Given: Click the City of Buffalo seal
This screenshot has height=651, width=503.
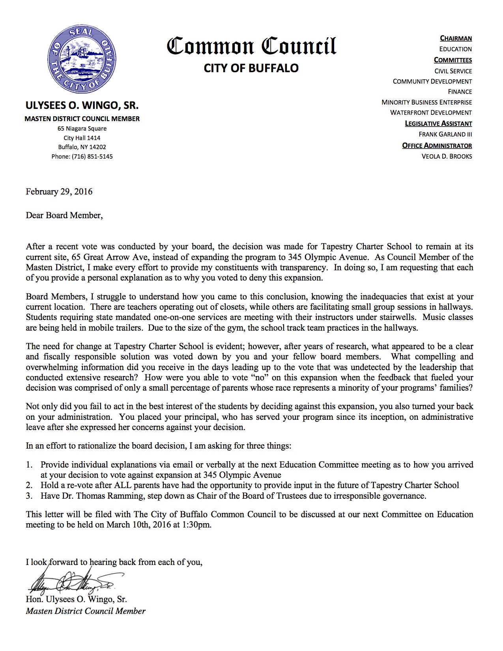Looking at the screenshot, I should [x=82, y=59].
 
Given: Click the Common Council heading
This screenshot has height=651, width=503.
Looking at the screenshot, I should [x=251, y=46].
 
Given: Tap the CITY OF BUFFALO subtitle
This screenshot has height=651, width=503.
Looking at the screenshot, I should [x=251, y=68].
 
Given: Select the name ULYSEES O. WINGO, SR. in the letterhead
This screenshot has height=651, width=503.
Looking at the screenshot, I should [x=82, y=106].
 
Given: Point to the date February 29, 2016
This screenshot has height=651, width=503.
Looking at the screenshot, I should [x=59, y=192].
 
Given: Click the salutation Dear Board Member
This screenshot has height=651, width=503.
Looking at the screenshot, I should [x=64, y=215].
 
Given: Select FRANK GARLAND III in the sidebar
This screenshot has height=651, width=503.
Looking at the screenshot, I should [x=445, y=135].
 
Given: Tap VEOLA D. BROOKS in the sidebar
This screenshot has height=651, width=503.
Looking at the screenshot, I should [x=447, y=157].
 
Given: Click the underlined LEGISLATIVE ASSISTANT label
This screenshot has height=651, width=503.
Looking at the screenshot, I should [x=438, y=123].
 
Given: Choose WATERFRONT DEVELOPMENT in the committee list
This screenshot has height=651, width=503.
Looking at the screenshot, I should [x=431, y=113].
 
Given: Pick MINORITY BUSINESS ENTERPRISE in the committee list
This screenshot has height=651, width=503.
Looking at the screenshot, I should [x=426, y=102].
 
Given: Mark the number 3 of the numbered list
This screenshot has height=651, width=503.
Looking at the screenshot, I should [x=28, y=496].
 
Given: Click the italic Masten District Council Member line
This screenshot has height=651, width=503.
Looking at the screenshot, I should [x=86, y=611].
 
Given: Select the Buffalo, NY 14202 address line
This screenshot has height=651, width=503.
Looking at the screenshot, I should [x=82, y=147].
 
